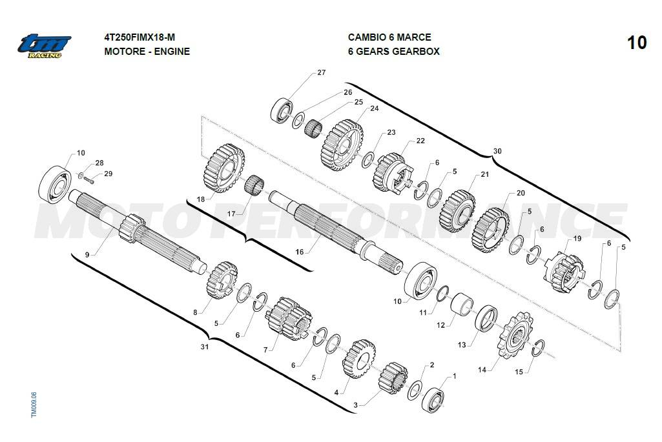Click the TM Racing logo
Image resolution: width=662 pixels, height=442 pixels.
point(44,46)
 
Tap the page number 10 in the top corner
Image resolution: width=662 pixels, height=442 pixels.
point(636,43)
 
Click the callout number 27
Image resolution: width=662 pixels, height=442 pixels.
point(321,72)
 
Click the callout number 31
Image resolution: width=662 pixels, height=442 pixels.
point(204,347)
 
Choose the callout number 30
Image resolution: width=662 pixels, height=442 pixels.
point(497,151)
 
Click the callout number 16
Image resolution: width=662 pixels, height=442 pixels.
point(299,252)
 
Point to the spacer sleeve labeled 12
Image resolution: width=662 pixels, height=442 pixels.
point(462,303)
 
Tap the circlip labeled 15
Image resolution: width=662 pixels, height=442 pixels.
point(539,348)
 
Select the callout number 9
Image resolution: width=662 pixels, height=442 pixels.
point(87,255)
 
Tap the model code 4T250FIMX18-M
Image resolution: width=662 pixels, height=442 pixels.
point(139,37)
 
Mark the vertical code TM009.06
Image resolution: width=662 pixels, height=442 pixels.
point(34,405)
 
